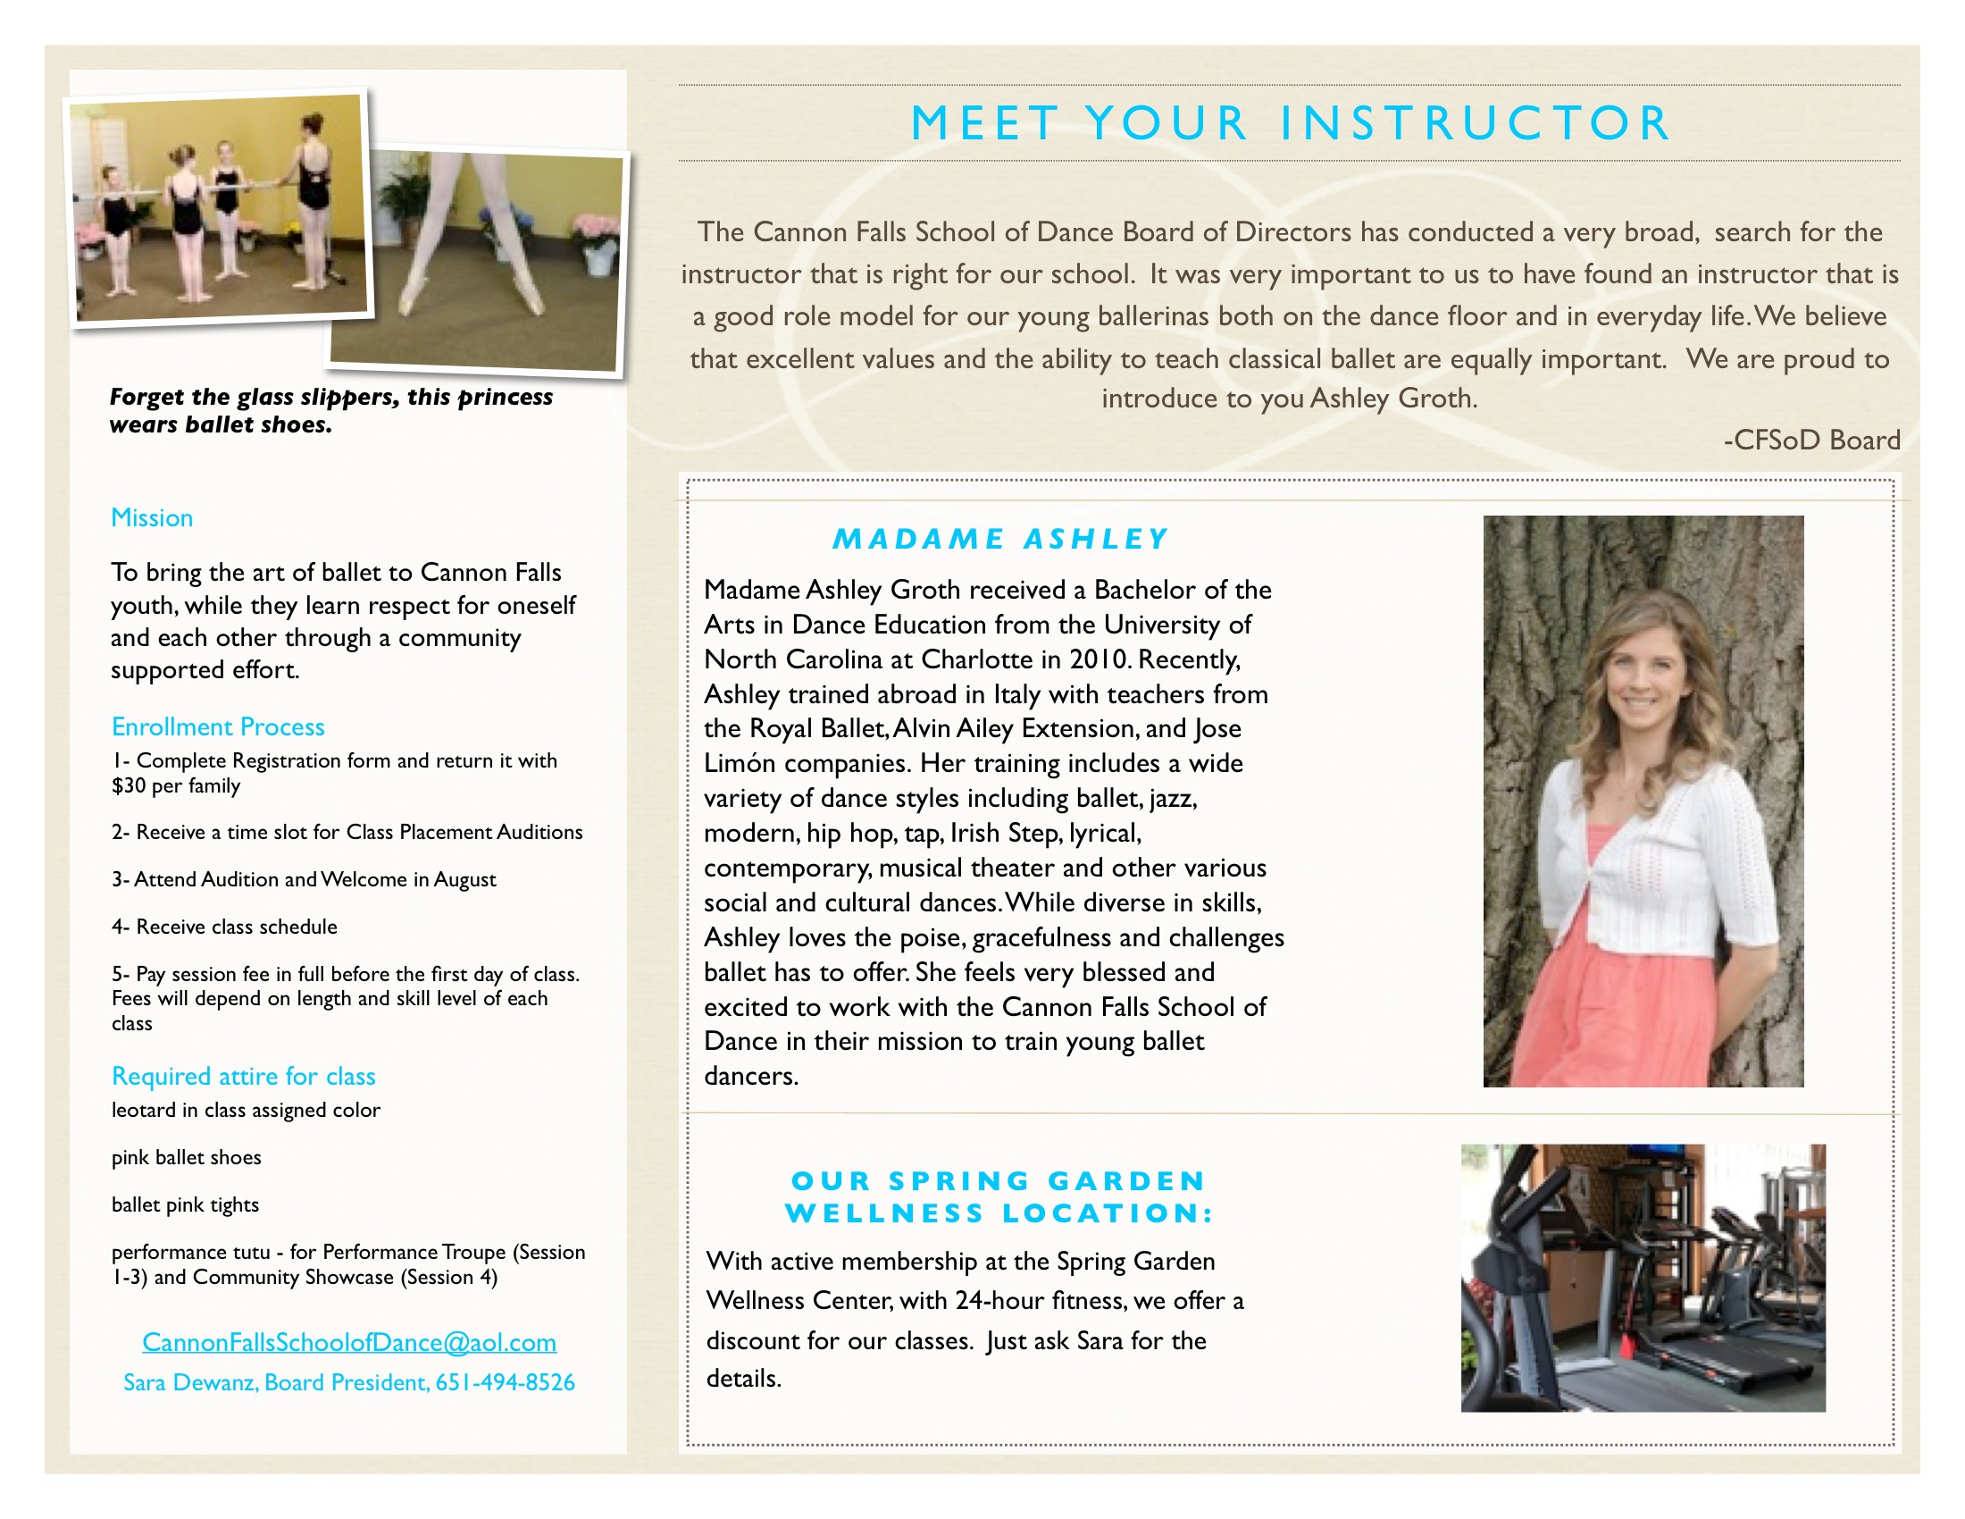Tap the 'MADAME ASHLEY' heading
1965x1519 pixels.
coord(999,539)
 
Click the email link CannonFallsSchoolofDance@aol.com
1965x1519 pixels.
coord(349,1342)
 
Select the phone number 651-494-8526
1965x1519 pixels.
coord(505,1382)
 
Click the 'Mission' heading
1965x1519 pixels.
coord(152,517)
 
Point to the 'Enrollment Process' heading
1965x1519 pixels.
coord(218,726)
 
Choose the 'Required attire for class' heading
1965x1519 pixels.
coord(243,1077)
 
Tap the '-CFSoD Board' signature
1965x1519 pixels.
coord(1811,440)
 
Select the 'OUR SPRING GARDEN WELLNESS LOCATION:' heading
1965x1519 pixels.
coord(999,1196)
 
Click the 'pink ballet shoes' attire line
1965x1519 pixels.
coord(187,1157)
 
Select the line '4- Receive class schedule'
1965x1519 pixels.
coord(224,927)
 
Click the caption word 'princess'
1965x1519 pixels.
coord(505,397)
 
